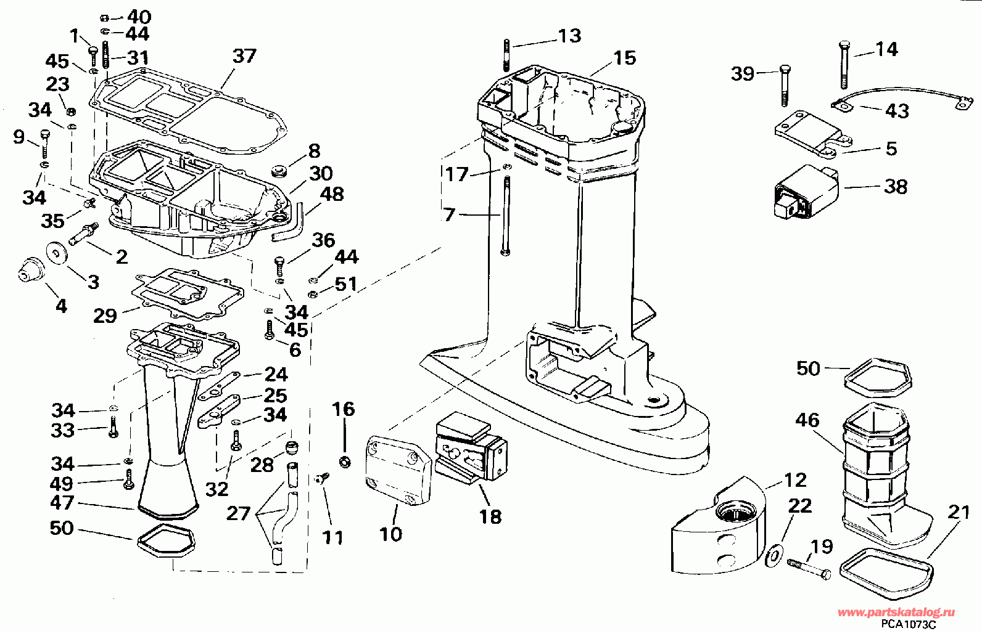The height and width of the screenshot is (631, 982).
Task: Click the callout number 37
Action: coord(244,56)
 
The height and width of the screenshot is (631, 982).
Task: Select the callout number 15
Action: coord(625,58)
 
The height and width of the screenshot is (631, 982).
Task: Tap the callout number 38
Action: coord(896,187)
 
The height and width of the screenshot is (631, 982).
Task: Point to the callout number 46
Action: coord(807,420)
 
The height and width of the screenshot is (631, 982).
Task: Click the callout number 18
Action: coord(490,517)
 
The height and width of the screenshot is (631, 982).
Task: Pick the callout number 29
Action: coord(105,315)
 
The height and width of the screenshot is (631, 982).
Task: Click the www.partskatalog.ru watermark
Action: coord(896,612)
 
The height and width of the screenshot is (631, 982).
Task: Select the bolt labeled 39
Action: coord(785,86)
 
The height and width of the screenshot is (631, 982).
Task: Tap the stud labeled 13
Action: coord(507,55)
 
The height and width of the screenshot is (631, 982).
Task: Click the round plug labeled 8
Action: coord(279,171)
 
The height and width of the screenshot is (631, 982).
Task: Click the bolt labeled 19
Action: coord(809,569)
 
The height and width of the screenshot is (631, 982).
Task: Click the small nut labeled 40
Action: coord(104,18)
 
